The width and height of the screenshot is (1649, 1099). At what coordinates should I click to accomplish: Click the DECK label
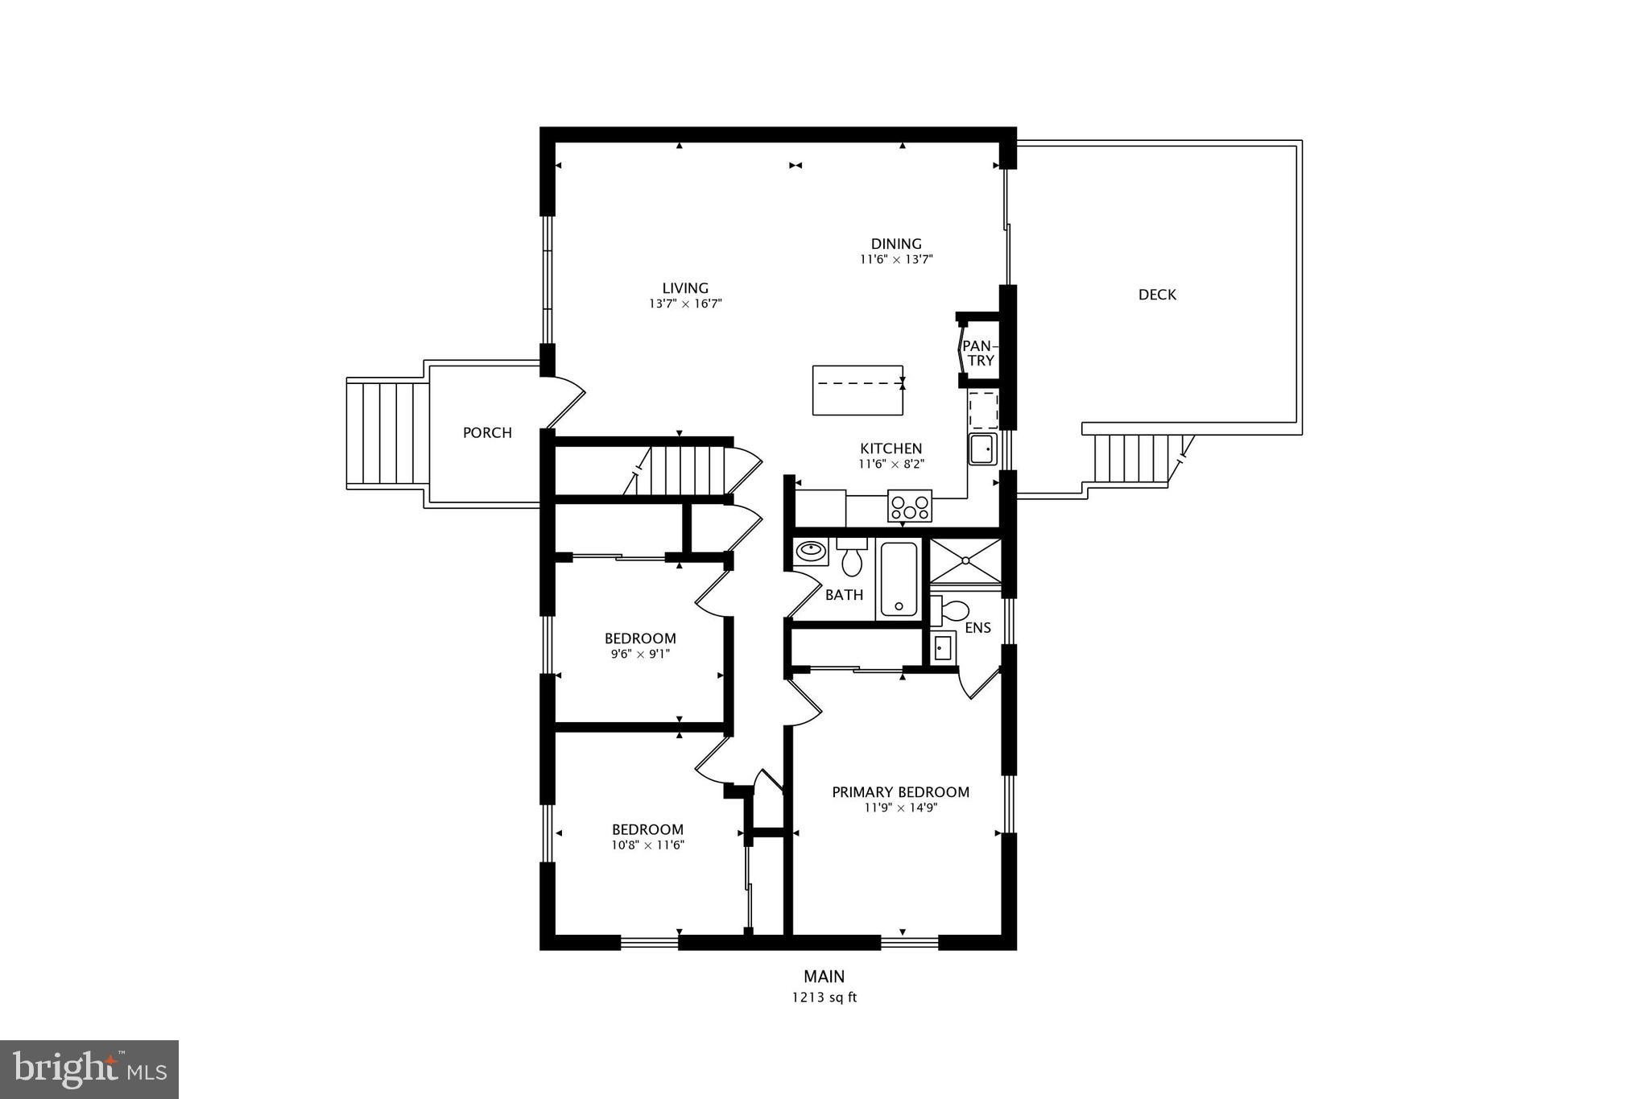(x=1157, y=295)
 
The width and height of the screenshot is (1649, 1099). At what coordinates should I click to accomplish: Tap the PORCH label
(x=487, y=432)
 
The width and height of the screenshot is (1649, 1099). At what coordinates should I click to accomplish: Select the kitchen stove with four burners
(x=910, y=506)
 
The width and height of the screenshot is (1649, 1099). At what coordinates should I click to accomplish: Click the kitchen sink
(x=982, y=448)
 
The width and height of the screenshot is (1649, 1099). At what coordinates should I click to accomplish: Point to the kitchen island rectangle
(x=858, y=390)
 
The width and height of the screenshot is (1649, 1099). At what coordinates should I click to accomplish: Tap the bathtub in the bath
(x=899, y=580)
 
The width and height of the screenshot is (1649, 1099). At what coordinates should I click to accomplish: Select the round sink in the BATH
(x=810, y=552)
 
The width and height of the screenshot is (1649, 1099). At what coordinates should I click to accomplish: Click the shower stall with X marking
(x=965, y=560)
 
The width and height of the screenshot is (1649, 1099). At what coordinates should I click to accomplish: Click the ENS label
(x=977, y=628)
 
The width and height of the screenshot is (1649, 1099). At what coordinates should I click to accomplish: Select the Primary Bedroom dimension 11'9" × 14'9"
(x=900, y=808)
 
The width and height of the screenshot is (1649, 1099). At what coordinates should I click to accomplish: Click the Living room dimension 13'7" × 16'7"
(x=685, y=304)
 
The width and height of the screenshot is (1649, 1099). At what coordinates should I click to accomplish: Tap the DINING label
(x=896, y=243)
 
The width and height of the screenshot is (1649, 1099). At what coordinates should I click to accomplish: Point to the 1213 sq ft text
(x=824, y=998)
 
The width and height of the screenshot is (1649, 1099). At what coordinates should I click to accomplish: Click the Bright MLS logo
(x=89, y=1069)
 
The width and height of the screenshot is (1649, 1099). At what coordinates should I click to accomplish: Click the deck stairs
(x=1131, y=458)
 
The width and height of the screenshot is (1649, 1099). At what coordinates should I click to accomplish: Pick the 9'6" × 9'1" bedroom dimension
(x=640, y=654)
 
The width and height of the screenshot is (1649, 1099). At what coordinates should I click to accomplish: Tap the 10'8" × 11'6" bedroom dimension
(x=647, y=845)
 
